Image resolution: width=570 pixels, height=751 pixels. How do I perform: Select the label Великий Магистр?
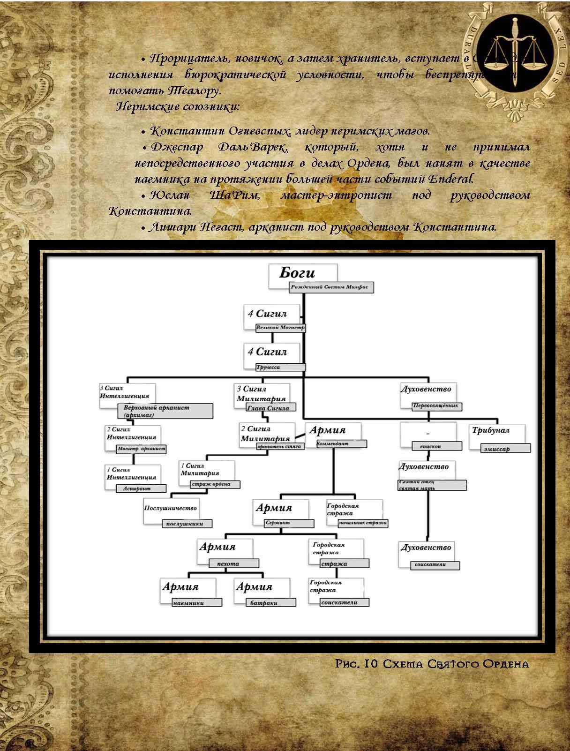pos(280,328)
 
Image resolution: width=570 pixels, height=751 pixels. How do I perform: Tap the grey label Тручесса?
pos(280,367)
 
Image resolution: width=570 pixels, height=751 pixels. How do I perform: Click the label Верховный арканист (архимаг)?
pos(165,411)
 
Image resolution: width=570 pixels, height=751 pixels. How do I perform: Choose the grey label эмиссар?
pos(506,449)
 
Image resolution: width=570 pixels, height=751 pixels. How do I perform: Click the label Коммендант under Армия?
pos(341,443)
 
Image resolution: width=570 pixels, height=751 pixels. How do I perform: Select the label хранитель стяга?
pos(280,446)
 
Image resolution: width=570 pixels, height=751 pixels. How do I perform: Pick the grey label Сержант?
pos(289,523)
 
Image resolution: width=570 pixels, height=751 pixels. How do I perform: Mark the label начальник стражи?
pos(363,523)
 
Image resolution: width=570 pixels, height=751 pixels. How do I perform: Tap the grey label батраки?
pos(270,603)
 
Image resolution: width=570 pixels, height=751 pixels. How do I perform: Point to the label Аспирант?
pos(141,488)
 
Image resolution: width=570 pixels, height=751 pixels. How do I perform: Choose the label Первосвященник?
pos(436,406)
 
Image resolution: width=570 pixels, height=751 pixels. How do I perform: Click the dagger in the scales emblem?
pos(514,52)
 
